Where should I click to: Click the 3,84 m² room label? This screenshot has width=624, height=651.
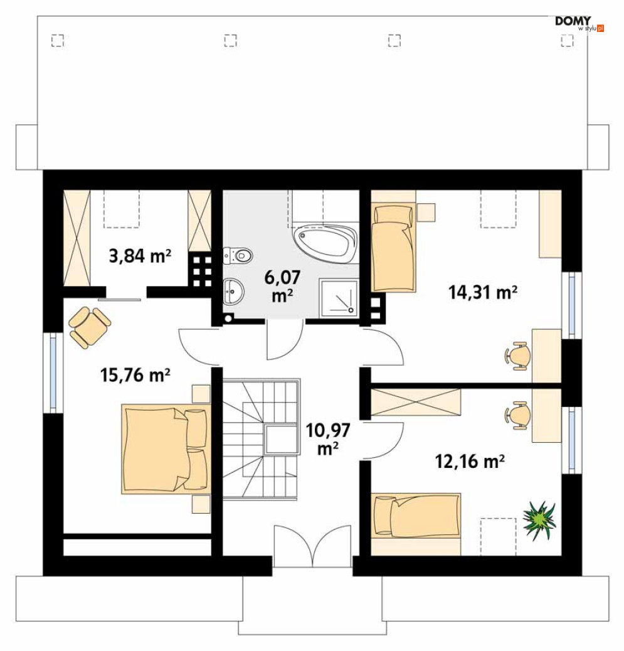pos(140,256)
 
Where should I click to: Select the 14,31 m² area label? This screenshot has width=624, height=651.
pos(482,292)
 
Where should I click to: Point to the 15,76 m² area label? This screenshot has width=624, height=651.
pos(135,375)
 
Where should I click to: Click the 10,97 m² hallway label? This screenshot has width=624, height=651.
pos(328,439)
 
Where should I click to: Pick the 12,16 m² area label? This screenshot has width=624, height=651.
pos(470,461)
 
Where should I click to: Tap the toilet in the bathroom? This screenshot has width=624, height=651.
pos(238,255)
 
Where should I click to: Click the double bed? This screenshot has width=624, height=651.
pos(166,448)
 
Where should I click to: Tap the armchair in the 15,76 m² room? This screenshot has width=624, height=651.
pos(89,327)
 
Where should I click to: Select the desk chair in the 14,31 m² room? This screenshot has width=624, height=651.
pos(518,356)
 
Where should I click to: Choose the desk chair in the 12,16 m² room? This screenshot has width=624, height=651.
pos(518,415)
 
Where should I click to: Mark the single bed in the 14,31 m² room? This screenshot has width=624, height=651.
pos(393,248)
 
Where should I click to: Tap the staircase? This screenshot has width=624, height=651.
pos(261,438)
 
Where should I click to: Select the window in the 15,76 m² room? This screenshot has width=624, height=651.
pos(53,373)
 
